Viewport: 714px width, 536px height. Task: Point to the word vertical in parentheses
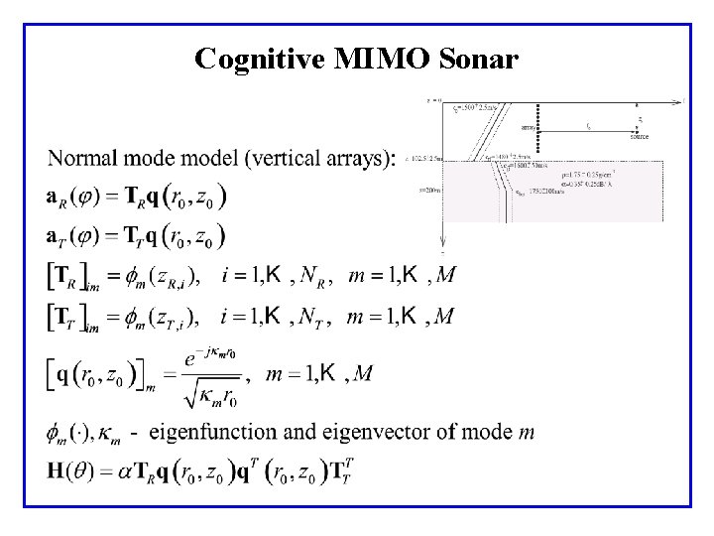pos(281,159)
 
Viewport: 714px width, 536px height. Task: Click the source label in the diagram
pos(640,136)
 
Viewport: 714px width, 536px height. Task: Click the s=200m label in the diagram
pos(430,189)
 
